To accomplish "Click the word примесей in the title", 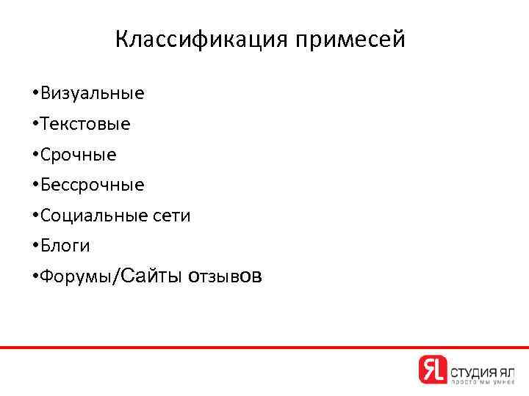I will click(350, 40).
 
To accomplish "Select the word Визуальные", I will click(93, 94).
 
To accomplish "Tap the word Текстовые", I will click(86, 125).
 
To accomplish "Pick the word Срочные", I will click(79, 155).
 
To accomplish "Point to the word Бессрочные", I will click(93, 186).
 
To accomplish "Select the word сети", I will click(170, 216).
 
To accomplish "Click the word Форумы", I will click(74, 277).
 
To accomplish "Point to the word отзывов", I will click(224, 276).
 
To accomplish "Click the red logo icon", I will click(432, 369).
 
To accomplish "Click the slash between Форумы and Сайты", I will click(112, 277).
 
